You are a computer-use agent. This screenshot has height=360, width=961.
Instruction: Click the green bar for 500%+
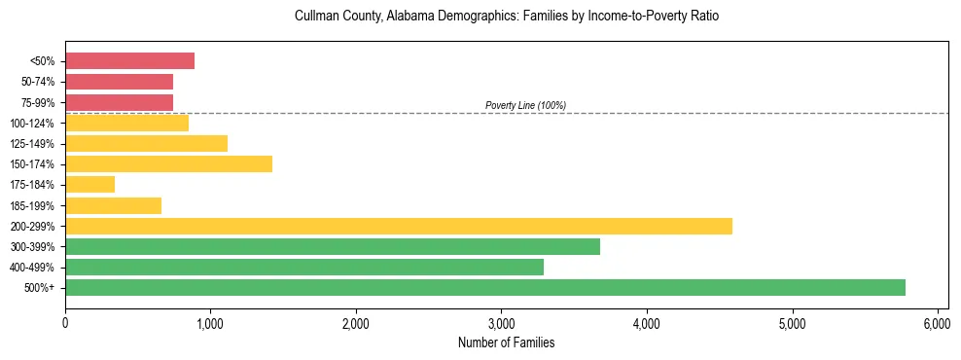(x=484, y=287)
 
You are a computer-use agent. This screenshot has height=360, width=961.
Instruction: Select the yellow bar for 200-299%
(x=398, y=226)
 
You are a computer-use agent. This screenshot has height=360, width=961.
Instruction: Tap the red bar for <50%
(x=129, y=61)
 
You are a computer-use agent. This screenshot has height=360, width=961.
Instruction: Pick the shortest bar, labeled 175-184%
(x=89, y=184)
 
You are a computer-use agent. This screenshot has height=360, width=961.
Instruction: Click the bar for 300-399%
(x=332, y=246)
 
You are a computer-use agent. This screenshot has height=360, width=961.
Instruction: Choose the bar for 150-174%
(x=168, y=163)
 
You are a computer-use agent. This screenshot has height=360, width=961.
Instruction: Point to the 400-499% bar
(x=303, y=267)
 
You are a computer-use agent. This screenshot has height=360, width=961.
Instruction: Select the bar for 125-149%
(x=146, y=143)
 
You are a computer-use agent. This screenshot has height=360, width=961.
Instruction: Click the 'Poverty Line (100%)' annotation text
(x=525, y=105)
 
